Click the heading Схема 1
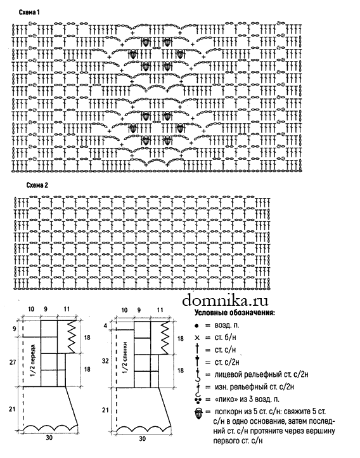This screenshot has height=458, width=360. click(x=29, y=12)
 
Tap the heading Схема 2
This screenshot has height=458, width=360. click(x=37, y=185)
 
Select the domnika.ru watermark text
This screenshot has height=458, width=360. click(x=225, y=299)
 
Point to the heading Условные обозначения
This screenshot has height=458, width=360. click(x=235, y=313)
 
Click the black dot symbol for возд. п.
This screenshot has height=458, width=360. click(x=196, y=325)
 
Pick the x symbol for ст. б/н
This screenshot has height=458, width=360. click(x=197, y=338)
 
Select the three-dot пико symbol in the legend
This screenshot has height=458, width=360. click(x=198, y=400)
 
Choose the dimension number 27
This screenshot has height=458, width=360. click(x=13, y=362)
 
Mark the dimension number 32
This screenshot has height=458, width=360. click(x=105, y=361)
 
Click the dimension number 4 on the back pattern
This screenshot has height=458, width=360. click(x=106, y=325)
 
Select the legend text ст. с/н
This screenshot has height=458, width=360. click(x=225, y=350)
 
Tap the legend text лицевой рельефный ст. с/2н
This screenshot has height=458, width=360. click(x=261, y=374)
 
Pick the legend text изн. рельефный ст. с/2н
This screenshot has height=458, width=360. click(x=254, y=387)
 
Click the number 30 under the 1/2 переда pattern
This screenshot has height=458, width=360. click(x=49, y=438)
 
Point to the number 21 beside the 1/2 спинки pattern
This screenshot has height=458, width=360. click(x=105, y=410)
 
